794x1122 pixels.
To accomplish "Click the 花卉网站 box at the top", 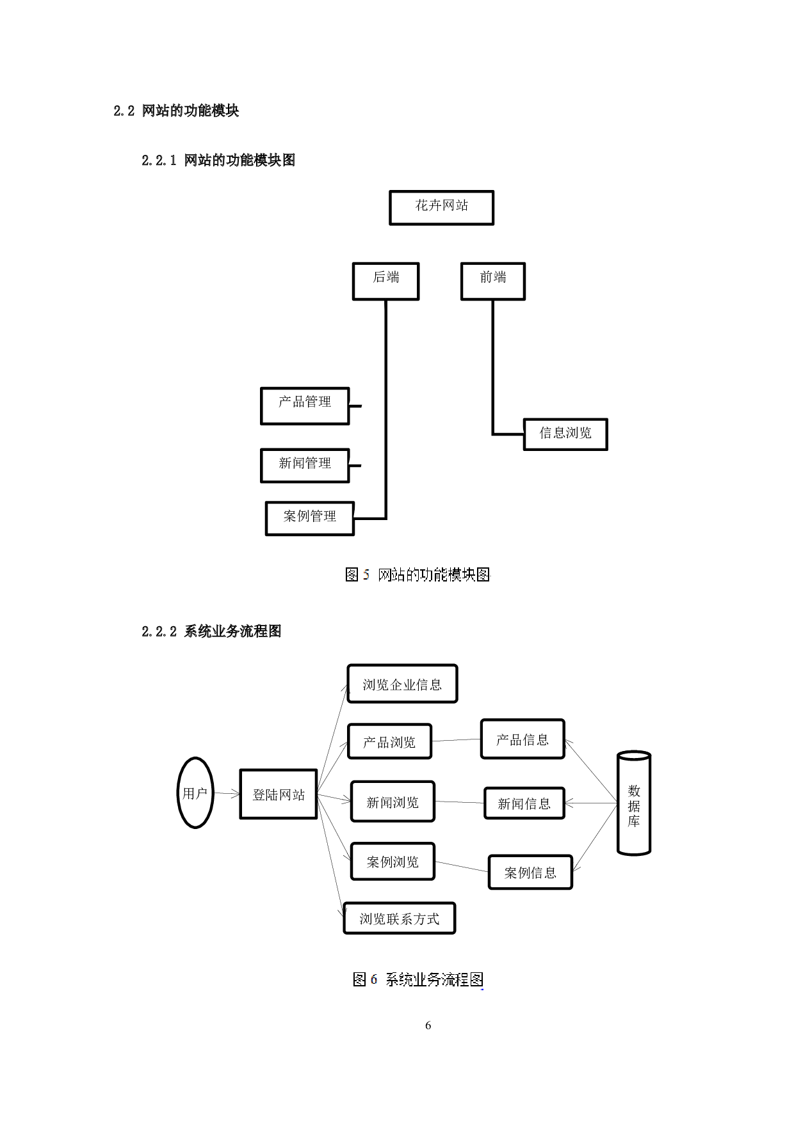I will (x=441, y=207).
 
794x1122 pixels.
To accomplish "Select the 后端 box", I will (x=385, y=281).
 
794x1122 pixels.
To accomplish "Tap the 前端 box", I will (x=492, y=281).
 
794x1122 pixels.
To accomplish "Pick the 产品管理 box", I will (x=305, y=406).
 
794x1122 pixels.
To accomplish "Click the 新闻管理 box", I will (x=305, y=465).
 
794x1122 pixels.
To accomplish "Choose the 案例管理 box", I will (x=309, y=518).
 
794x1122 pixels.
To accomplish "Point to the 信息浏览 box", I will (x=565, y=434).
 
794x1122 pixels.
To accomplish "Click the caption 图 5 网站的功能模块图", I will (x=416, y=574).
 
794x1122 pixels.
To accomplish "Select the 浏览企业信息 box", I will (x=402, y=684).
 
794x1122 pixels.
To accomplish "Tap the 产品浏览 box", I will (x=389, y=741).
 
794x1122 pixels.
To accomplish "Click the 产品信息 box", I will (x=522, y=739).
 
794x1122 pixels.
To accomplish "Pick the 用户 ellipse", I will (x=195, y=793).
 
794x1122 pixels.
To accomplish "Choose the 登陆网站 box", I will (x=278, y=794).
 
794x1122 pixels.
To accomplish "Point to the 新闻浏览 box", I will (x=393, y=802).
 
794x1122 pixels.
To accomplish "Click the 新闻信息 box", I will (x=524, y=803).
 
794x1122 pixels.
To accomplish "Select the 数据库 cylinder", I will (x=634, y=804).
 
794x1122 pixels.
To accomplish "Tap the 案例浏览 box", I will (x=393, y=861).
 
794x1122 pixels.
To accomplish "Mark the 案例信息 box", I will (x=530, y=872).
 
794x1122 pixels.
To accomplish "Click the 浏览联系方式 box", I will (x=399, y=918).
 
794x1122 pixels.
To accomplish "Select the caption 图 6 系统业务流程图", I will (x=416, y=979).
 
